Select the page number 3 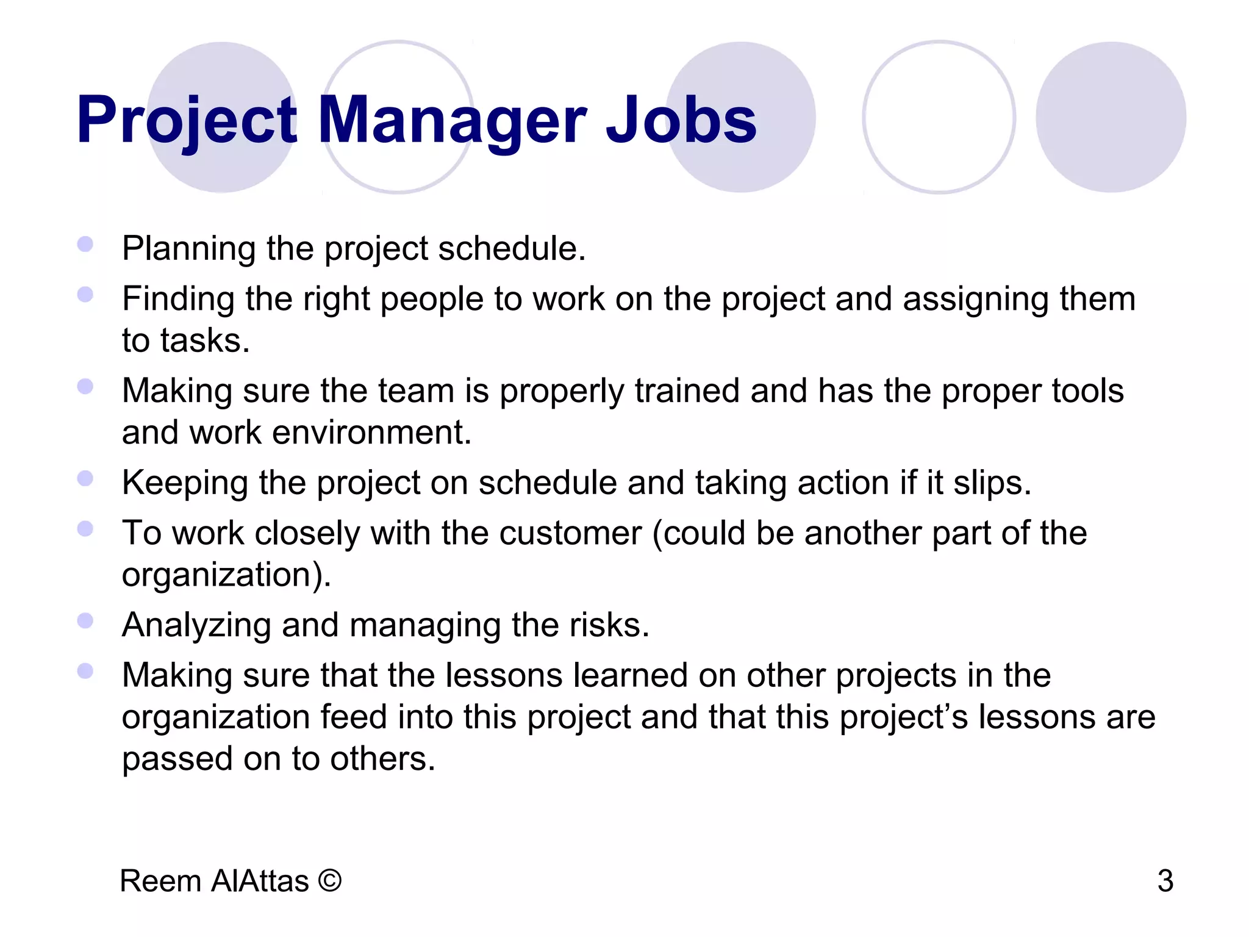(x=1165, y=881)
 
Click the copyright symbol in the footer (x=329, y=881)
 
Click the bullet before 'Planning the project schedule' (x=85, y=245)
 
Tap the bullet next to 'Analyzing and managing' (x=85, y=621)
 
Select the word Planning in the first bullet (x=188, y=249)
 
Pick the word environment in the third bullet (x=371, y=433)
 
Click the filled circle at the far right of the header (x=1111, y=117)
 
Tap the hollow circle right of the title (x=939, y=117)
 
